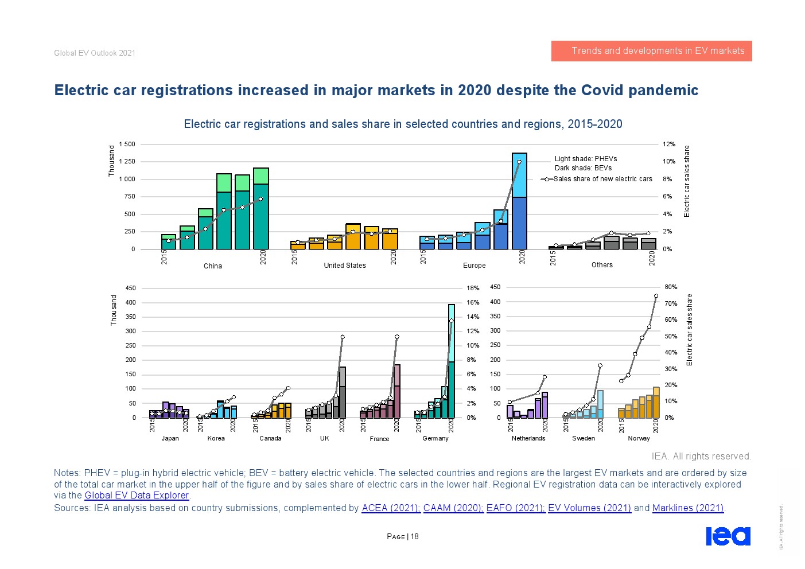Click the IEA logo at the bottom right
point(728,536)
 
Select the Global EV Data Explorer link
point(137,496)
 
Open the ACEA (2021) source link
point(390,508)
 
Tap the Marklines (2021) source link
point(688,508)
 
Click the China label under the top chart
point(212,266)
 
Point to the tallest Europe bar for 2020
point(519,201)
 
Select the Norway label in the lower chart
point(639,439)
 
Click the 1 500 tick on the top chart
point(127,145)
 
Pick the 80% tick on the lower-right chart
point(671,287)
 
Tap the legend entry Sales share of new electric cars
point(602,179)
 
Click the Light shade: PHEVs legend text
point(586,159)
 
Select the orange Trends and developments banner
point(651,51)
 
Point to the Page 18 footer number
point(403,537)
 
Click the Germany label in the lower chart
point(435,439)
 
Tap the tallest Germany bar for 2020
point(452,361)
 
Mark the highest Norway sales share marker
point(656,296)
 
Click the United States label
point(344,266)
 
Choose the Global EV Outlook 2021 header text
point(95,53)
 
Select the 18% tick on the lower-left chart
point(473,289)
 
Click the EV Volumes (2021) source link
point(589,508)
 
